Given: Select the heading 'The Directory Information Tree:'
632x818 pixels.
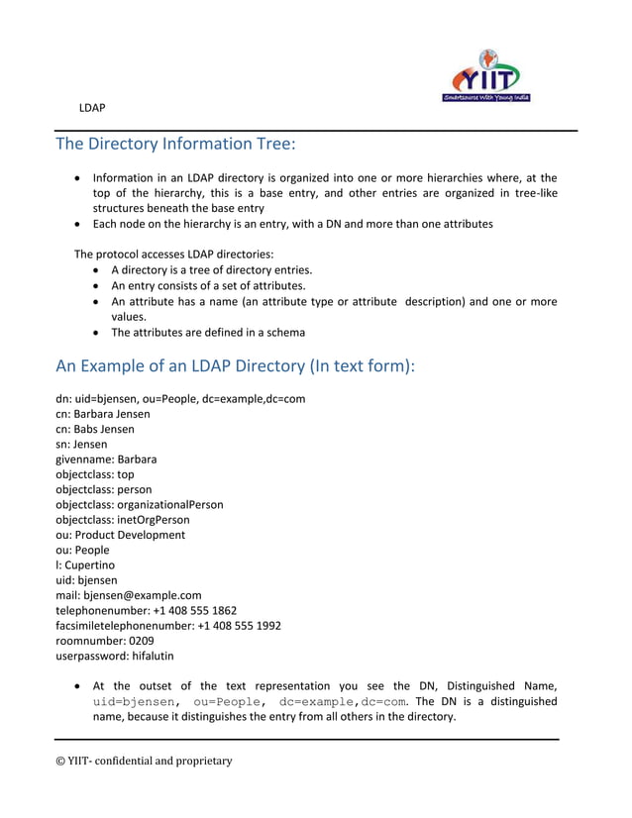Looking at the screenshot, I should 175,145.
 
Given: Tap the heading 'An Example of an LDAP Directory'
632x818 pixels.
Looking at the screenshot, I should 234,365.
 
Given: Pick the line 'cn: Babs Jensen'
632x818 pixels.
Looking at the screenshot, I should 95,429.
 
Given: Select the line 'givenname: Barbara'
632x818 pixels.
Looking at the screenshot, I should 106,460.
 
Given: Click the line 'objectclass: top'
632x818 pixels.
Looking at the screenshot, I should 95,474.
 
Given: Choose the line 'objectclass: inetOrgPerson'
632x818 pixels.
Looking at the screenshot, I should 123,520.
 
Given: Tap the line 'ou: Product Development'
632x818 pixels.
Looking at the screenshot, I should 120,535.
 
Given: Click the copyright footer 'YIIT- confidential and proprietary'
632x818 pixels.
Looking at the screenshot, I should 144,761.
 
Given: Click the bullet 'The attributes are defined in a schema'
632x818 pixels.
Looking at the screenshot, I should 208,333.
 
